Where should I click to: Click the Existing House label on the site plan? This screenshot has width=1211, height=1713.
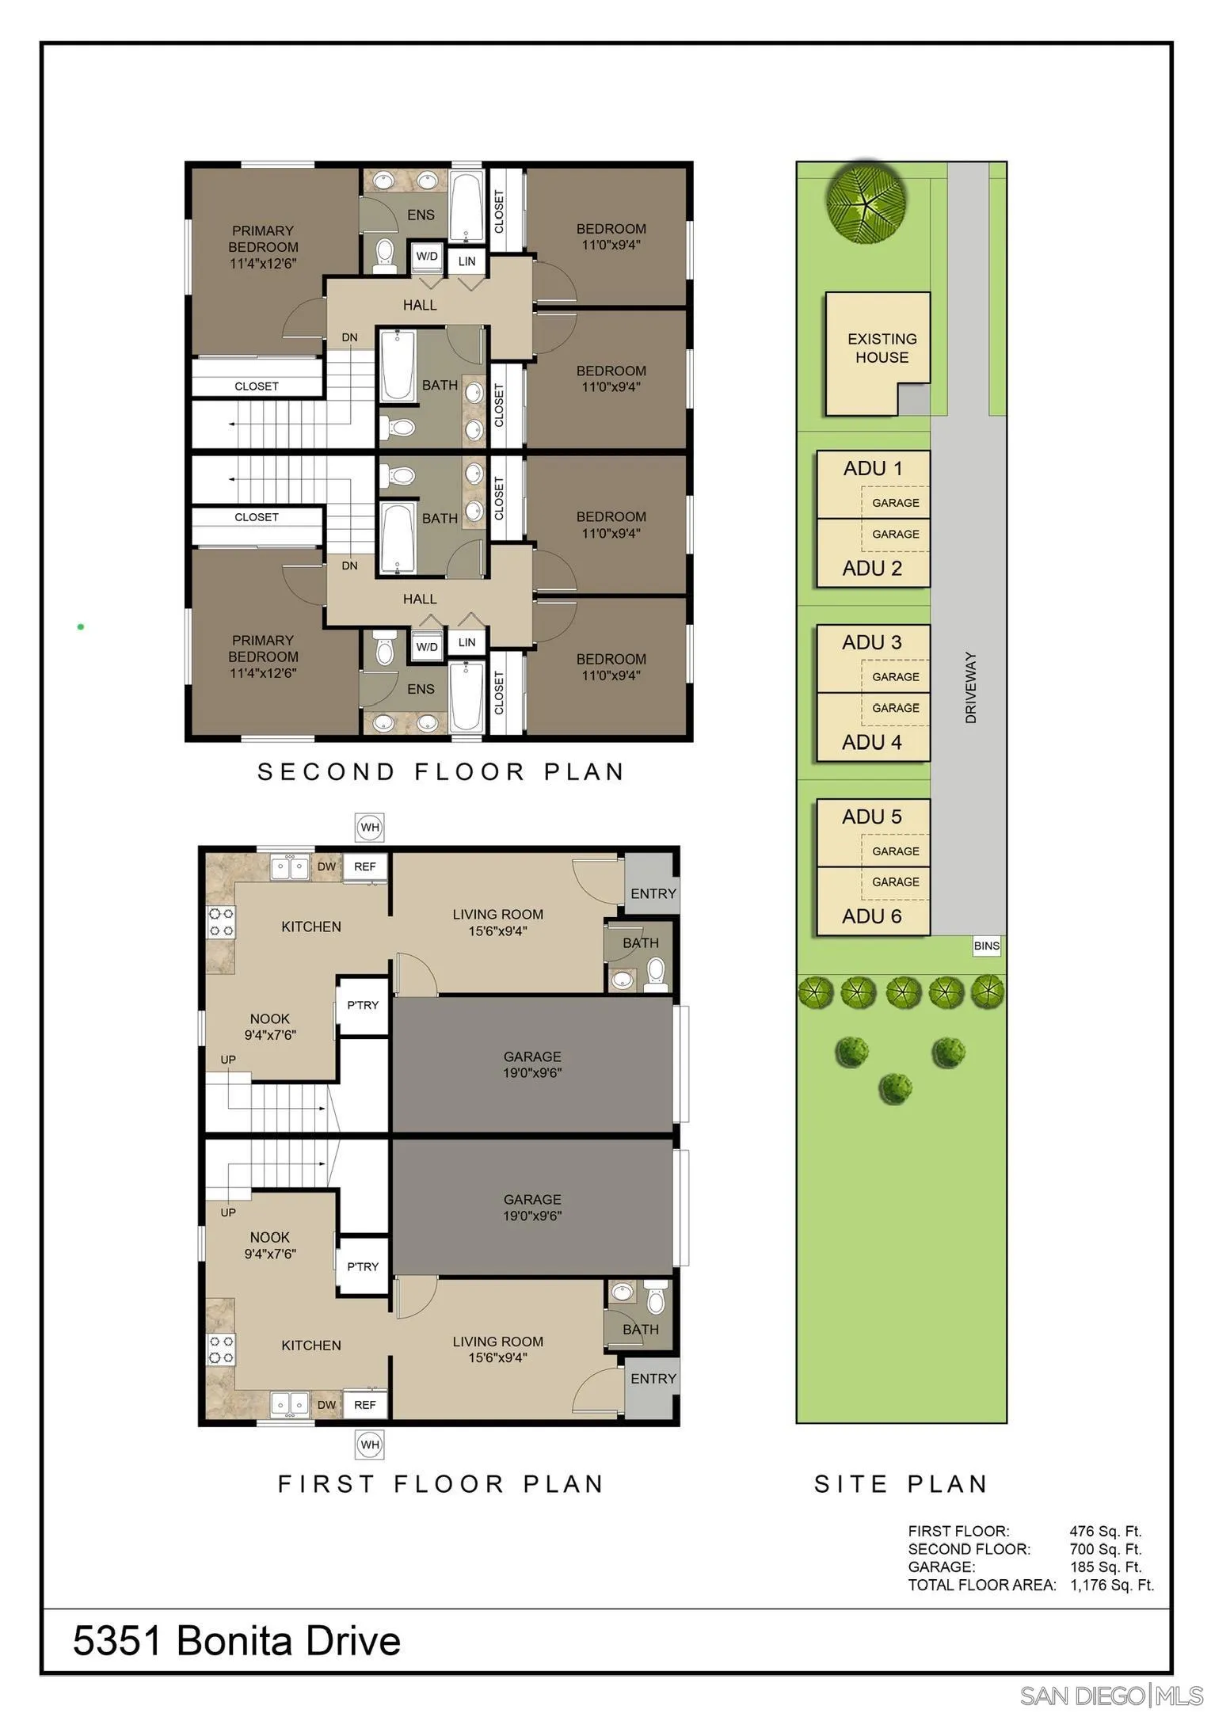pos(881,348)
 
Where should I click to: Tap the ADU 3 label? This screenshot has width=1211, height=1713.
pos(871,642)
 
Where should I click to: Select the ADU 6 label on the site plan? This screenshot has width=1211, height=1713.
pos(871,916)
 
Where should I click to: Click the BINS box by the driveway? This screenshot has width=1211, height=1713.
pos(986,946)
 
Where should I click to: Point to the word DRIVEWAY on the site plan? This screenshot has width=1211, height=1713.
pos(971,687)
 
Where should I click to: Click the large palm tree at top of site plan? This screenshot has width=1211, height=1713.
pos(866,202)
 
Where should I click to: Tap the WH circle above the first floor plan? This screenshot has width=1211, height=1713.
pos(370,828)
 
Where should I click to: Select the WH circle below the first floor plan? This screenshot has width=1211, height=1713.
pos(370,1445)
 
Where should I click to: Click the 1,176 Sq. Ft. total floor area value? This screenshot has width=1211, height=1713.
pos(1111,1585)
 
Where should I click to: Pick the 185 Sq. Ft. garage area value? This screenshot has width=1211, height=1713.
pos(1105,1566)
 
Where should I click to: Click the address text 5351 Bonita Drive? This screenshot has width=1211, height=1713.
pos(236,1640)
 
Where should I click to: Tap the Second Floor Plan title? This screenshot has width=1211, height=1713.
pos(441,771)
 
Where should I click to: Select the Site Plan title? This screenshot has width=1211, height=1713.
pos(901,1483)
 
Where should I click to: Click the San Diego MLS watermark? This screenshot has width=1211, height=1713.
pos(1111,1696)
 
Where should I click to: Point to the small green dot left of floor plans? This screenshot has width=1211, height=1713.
pos(81,626)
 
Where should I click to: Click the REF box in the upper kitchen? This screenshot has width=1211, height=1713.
pos(365,866)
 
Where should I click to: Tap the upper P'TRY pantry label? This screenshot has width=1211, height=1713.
pos(363,1005)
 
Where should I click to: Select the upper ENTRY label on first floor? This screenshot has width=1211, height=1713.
pos(653,893)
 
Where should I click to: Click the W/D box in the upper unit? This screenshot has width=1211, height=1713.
pos(427,257)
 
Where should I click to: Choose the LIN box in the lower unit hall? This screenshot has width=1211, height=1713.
pos(467,642)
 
